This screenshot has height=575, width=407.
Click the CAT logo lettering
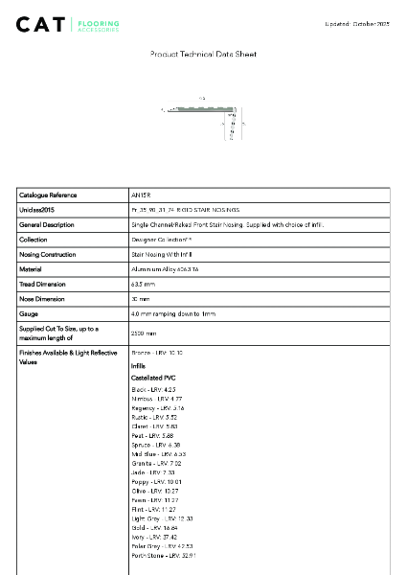[41, 23]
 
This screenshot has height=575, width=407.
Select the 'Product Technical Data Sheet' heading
[203, 55]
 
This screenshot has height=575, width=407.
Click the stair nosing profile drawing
[204, 120]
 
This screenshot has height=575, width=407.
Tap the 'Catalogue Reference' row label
[48, 195]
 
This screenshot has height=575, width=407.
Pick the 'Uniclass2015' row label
[36, 209]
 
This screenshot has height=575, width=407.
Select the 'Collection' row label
[33, 240]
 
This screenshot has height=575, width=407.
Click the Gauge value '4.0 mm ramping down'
[173, 314]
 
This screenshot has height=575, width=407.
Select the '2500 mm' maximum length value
[144, 333]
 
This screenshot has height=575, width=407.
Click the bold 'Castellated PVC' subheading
[153, 378]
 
